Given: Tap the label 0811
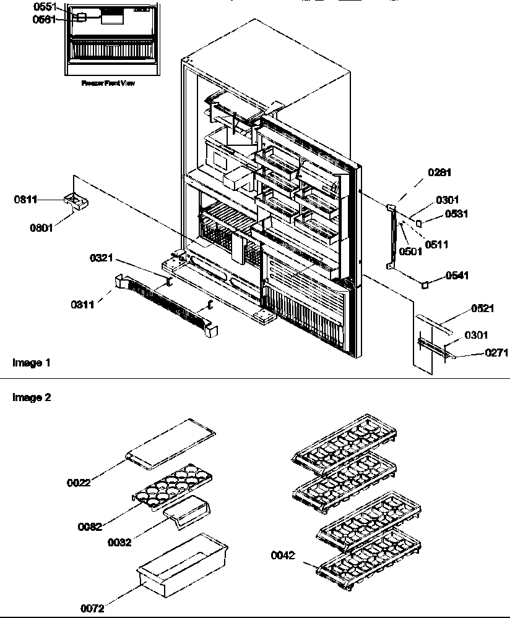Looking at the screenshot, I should [25, 200].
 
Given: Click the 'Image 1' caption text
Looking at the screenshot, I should [30, 363].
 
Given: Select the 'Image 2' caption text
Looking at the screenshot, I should [30, 398].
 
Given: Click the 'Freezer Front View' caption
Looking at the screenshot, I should [108, 83].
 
